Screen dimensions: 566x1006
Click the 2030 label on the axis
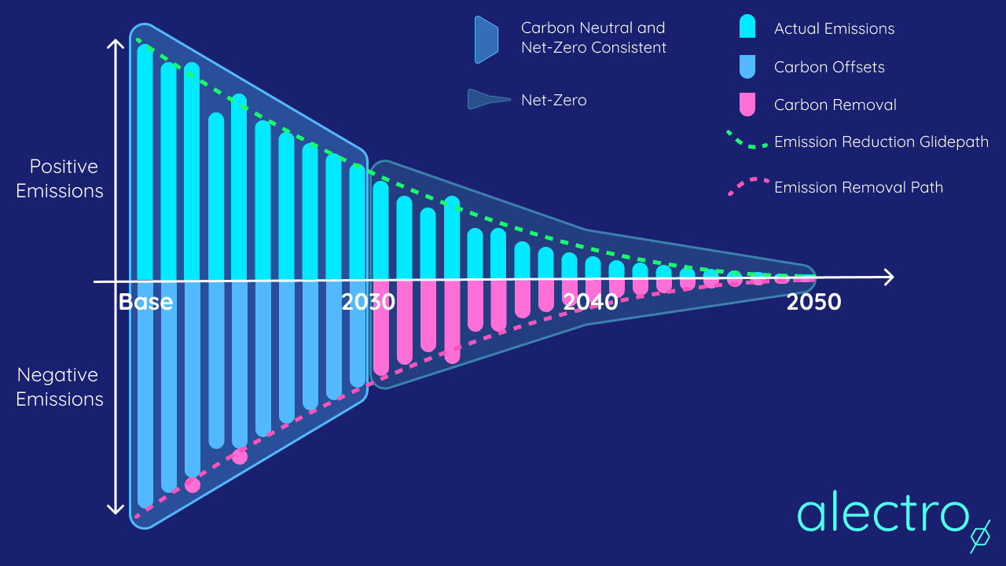368,302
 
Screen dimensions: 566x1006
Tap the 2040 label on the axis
590,302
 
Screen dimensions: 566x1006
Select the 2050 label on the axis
813,302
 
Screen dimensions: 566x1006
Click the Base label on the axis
145,302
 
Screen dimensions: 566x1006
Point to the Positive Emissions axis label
60,178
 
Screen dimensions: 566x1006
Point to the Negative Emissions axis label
60,387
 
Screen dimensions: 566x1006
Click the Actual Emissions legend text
834,29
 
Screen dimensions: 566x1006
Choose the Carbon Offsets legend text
829,67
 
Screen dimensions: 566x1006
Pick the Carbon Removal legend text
835,105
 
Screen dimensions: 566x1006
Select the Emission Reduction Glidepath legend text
881,142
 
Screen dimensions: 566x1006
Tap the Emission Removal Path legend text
858,187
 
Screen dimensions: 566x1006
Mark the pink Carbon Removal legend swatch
747,104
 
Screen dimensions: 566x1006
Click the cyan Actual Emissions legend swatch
747,28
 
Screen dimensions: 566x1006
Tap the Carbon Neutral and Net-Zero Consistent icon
486,39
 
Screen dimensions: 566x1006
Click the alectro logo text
882,512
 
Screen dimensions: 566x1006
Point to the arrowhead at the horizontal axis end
889,277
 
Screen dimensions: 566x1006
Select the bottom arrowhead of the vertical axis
116,509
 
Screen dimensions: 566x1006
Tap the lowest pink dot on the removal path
193,485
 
